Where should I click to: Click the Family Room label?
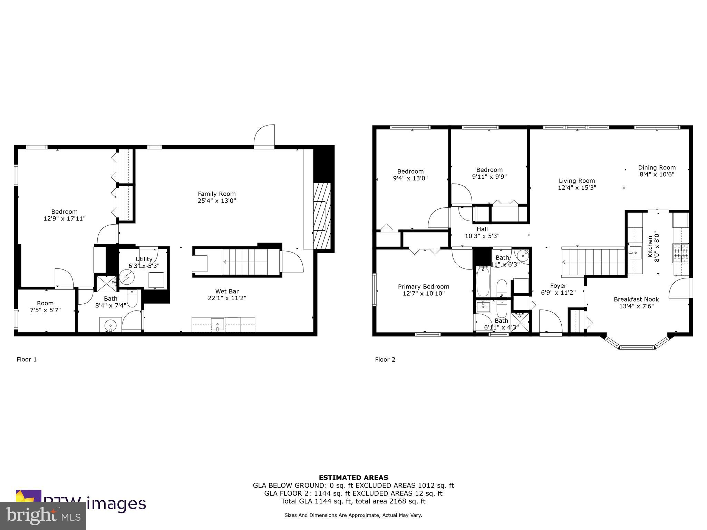[x=216, y=194]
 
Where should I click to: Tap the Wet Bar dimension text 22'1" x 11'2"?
[x=227, y=298]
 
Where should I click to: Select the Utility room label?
[x=144, y=259]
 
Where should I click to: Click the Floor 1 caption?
[x=27, y=360]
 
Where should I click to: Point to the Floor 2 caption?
[x=385, y=360]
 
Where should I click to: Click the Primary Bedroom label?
[x=423, y=287]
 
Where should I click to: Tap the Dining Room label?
[x=657, y=168]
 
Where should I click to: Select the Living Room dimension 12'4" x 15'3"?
[x=577, y=188]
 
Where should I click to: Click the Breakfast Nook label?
[x=636, y=300]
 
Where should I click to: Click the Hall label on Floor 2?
[x=482, y=229]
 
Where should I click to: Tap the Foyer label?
[x=558, y=286]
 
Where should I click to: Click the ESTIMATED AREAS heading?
[x=353, y=478]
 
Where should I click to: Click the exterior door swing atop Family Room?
[x=264, y=137]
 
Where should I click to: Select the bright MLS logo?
[x=43, y=516]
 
